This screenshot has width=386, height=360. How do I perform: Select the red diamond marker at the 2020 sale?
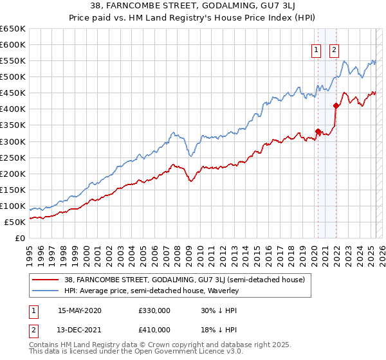pos(318,130)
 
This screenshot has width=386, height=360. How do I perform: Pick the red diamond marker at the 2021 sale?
pos(336,105)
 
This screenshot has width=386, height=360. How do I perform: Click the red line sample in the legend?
pos(46,279)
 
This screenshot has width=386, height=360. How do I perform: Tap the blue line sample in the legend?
pos(46,291)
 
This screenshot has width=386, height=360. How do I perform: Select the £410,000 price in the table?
pos(154,331)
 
